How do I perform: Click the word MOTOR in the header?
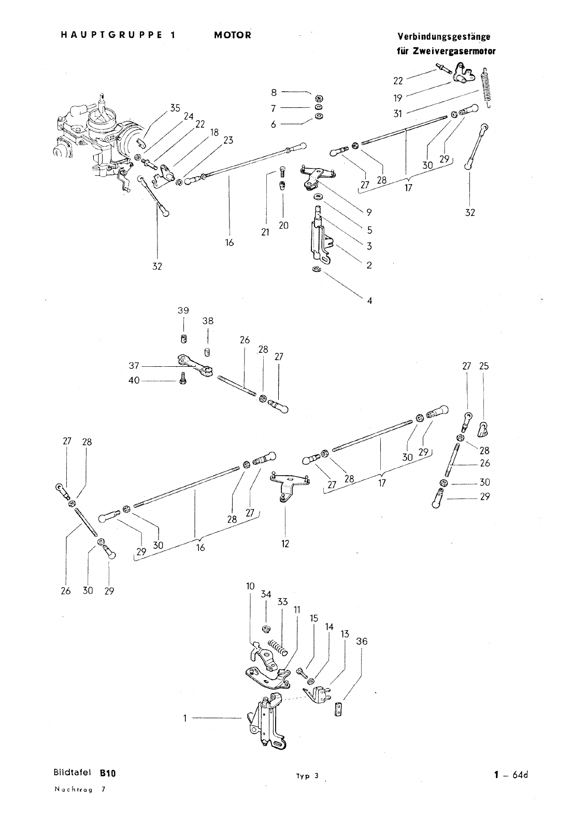click(x=233, y=35)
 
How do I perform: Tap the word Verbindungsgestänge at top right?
click(x=444, y=37)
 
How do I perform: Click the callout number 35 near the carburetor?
click(x=175, y=108)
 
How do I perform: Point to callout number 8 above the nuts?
click(x=274, y=92)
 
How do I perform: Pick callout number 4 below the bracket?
click(x=369, y=300)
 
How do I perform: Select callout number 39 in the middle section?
click(x=183, y=311)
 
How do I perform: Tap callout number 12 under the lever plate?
click(x=285, y=544)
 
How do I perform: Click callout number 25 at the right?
click(x=484, y=366)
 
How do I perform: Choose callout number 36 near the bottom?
click(x=362, y=641)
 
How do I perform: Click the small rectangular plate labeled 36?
click(x=338, y=709)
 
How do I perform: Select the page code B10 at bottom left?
click(x=107, y=773)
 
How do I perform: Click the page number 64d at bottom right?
click(x=520, y=774)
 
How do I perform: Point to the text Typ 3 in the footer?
click(x=307, y=776)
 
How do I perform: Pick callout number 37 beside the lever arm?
click(x=134, y=366)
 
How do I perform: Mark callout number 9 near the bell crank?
click(x=369, y=212)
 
